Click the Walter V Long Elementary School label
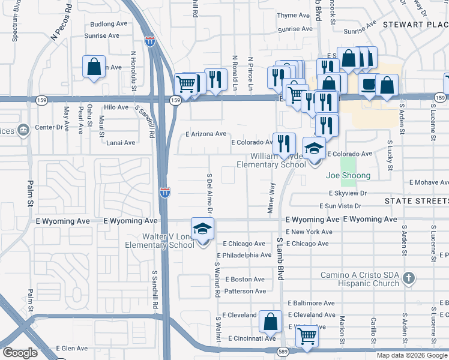tap(151, 241)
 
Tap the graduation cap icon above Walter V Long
tap(203, 229)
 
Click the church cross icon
tap(408, 277)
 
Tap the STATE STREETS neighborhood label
tap(416, 201)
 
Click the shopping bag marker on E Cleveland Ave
tap(270, 321)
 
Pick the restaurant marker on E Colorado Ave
tap(284, 143)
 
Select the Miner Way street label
tap(271, 199)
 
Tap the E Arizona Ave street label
tap(205, 134)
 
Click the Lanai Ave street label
tap(121, 143)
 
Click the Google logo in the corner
tap(20, 352)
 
